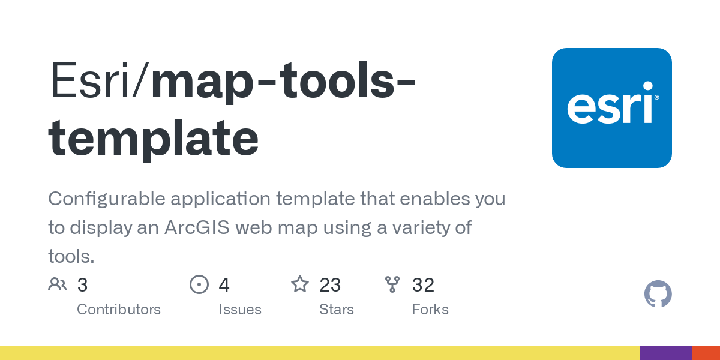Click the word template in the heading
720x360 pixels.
(x=153, y=138)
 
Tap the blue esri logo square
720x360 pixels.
(x=611, y=108)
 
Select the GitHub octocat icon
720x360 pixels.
(x=658, y=294)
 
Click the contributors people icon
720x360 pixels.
(x=58, y=284)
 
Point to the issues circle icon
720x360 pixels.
(x=199, y=284)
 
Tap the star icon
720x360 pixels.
(x=299, y=284)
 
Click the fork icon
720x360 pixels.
(x=392, y=284)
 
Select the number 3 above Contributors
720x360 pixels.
(x=83, y=285)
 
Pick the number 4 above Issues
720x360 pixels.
(x=224, y=285)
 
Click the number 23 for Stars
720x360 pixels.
(x=330, y=285)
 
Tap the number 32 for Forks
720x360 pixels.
(x=423, y=285)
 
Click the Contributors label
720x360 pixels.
(x=119, y=310)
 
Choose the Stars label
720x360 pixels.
(x=337, y=310)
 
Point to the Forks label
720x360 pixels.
(x=430, y=310)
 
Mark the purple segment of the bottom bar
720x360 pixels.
(x=665, y=353)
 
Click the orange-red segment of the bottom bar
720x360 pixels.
(x=706, y=353)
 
